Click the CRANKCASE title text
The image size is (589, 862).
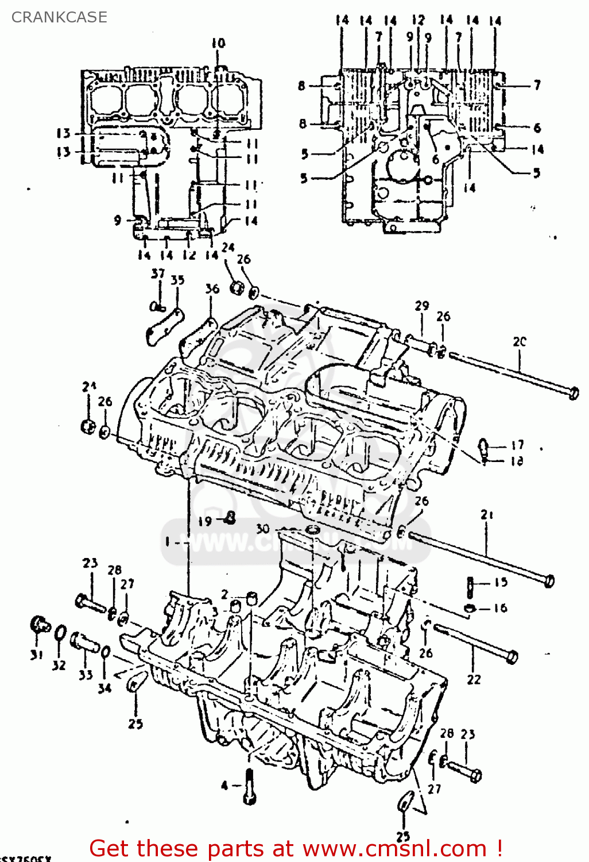tap(59, 17)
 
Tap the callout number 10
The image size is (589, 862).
tap(218, 43)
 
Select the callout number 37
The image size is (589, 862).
tap(158, 274)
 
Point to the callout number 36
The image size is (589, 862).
tap(212, 288)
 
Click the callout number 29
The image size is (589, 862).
tap(422, 306)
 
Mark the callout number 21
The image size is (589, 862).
tap(487, 515)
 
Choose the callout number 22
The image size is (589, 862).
tap(474, 679)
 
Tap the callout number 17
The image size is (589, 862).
tap(517, 445)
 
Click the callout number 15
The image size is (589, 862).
tap(501, 582)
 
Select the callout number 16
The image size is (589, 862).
tap(501, 608)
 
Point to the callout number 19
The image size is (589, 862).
tap(205, 521)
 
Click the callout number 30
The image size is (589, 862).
tap(262, 529)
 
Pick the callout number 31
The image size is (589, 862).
tap(37, 655)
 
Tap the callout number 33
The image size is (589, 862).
tap(86, 675)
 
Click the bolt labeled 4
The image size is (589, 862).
tap(250, 786)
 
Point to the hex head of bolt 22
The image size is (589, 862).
tap(511, 656)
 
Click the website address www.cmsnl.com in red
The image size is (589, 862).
tap(394, 848)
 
